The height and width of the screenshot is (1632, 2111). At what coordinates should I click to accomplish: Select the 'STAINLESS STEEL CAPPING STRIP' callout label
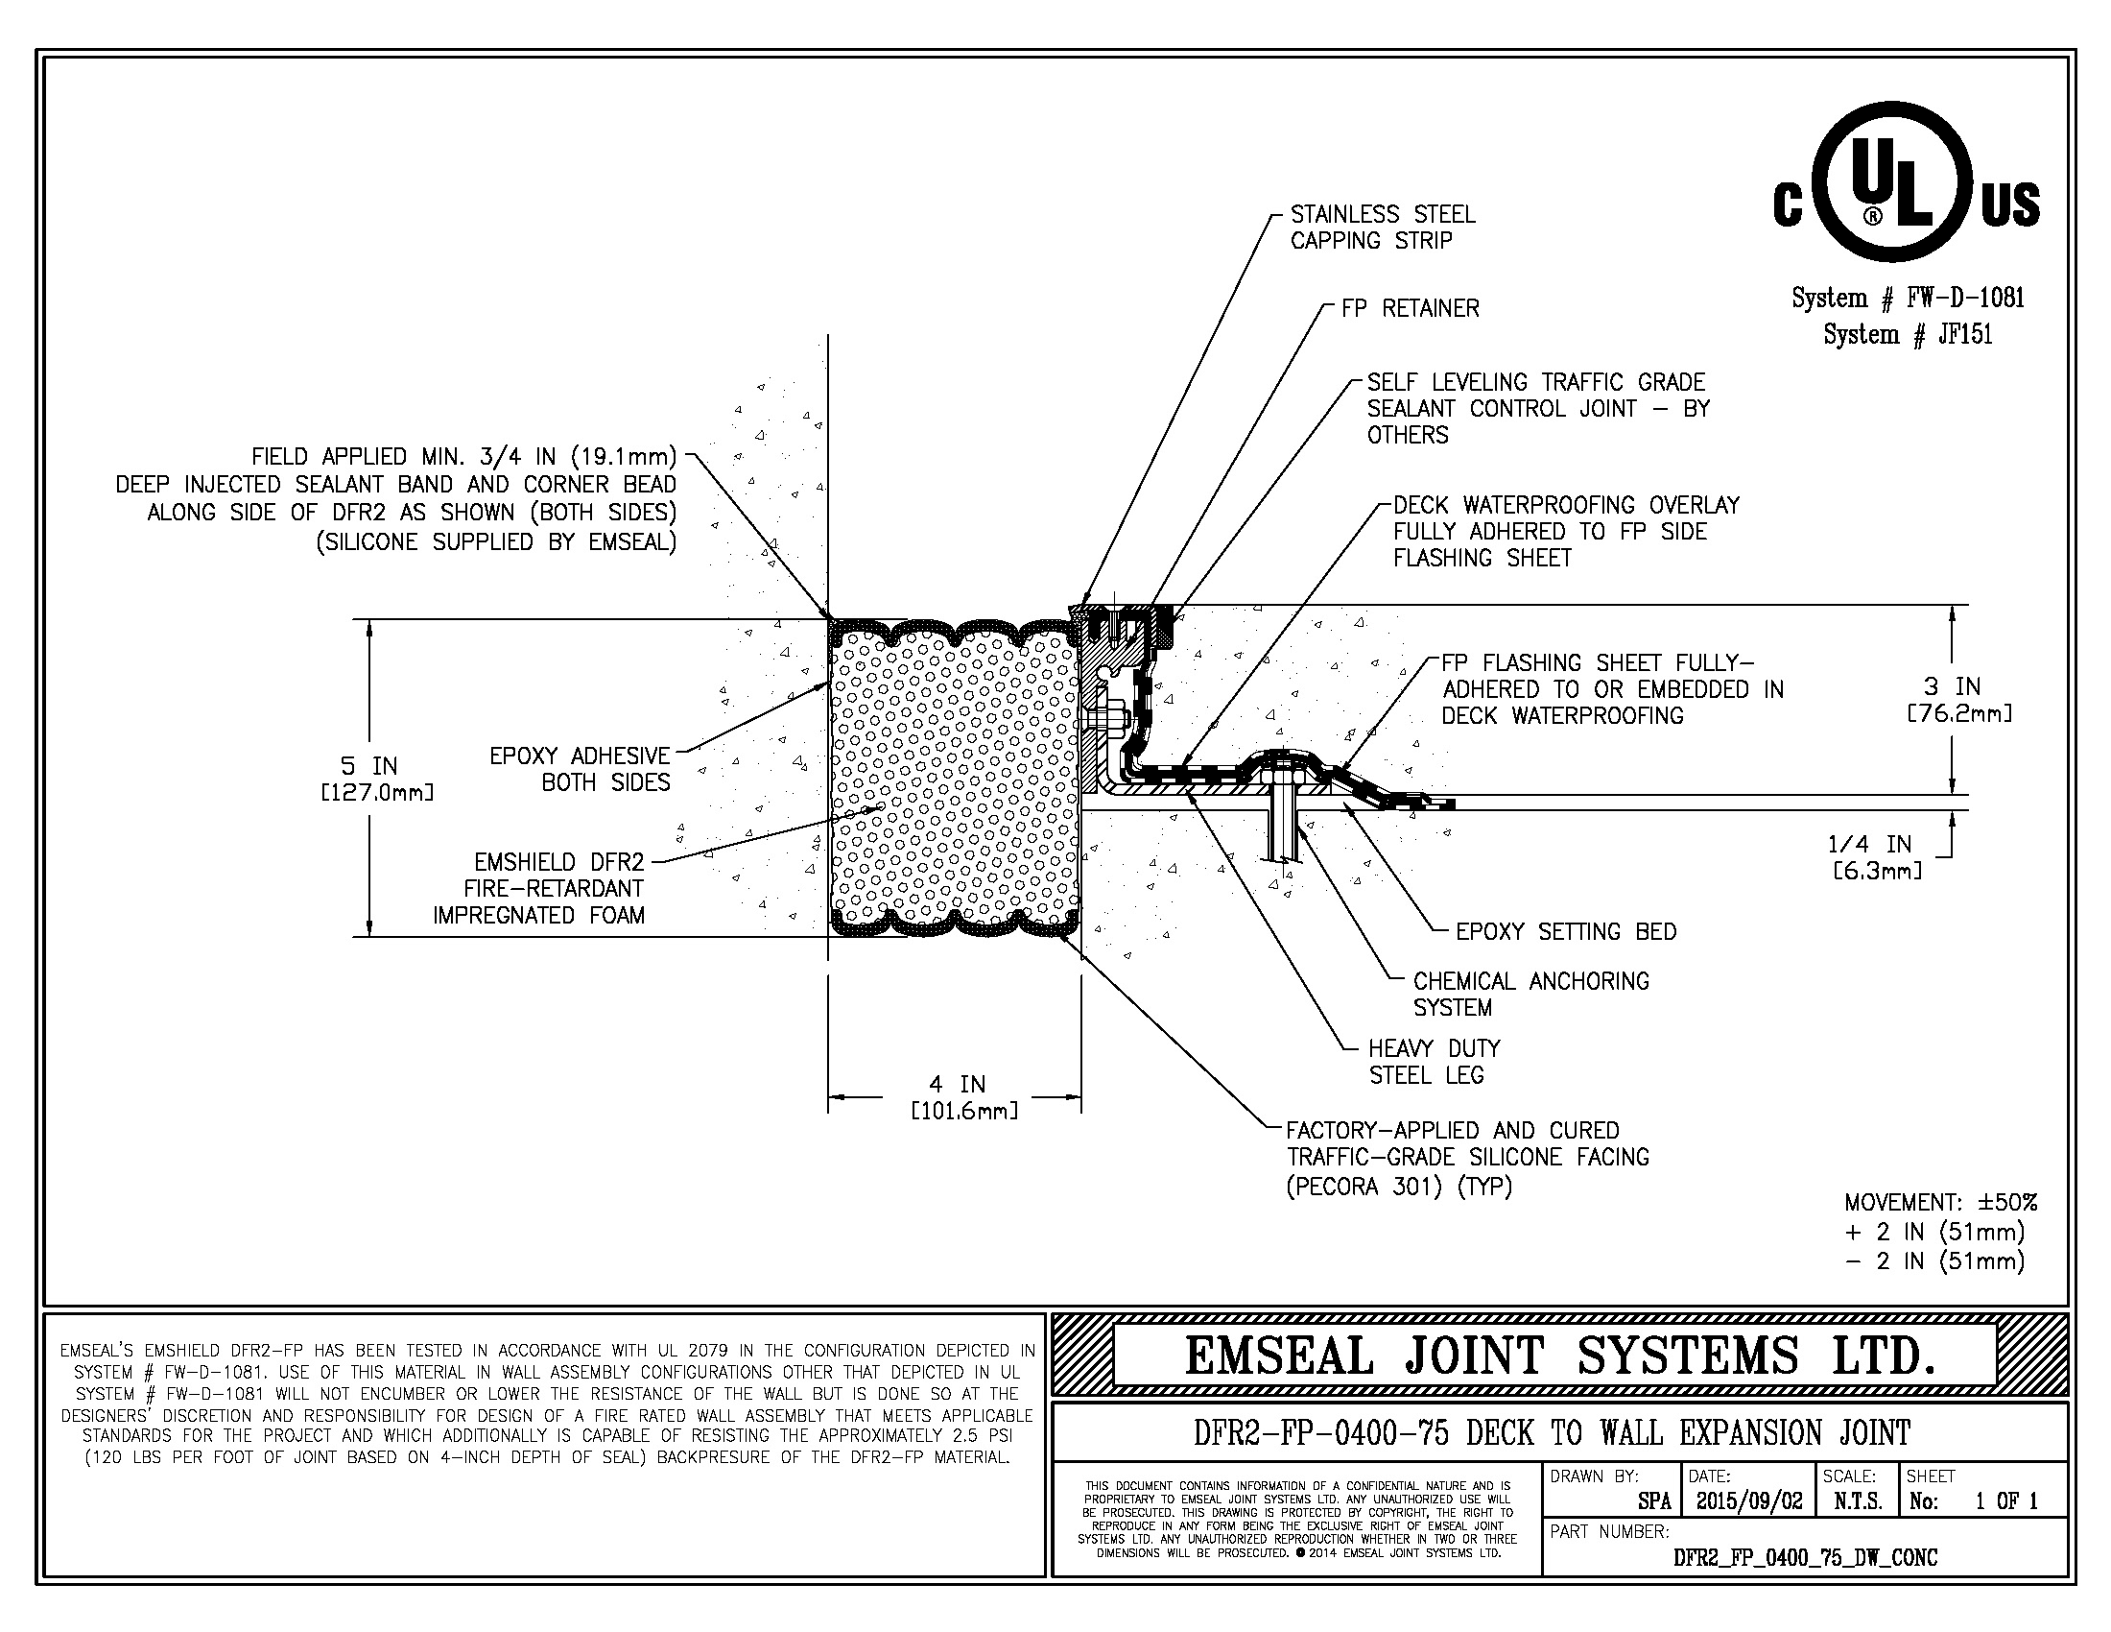pos(1382,228)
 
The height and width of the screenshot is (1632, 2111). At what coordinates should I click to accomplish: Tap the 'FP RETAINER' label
pos(1410,308)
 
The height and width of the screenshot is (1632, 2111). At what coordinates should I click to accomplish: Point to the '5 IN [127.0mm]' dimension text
pos(376,779)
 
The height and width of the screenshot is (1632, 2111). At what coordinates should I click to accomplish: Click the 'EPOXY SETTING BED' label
pos(1566,931)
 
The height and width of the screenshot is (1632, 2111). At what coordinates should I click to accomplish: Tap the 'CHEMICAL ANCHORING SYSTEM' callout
pos(1530,994)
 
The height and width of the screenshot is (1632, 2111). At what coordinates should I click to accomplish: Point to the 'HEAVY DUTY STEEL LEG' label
pos(1434,1062)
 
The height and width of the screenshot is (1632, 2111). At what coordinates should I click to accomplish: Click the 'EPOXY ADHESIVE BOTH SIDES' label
pos(579,769)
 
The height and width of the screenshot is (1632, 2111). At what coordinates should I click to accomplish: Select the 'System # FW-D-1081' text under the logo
pos(1907,298)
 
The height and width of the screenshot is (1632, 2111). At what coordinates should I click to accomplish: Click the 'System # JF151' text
pos(1907,334)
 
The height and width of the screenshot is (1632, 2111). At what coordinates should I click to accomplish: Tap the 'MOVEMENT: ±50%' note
pos(1940,1203)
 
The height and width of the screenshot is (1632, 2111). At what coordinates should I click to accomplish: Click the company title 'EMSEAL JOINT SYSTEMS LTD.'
pos(1560,1356)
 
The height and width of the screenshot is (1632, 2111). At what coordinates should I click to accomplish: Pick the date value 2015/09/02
pos(1748,1500)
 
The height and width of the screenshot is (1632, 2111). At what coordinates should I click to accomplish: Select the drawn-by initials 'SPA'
pos(1654,1501)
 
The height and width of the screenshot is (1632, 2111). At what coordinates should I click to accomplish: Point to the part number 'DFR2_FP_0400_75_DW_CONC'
pos(1805,1556)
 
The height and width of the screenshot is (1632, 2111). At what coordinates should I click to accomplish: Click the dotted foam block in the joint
pos(955,779)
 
